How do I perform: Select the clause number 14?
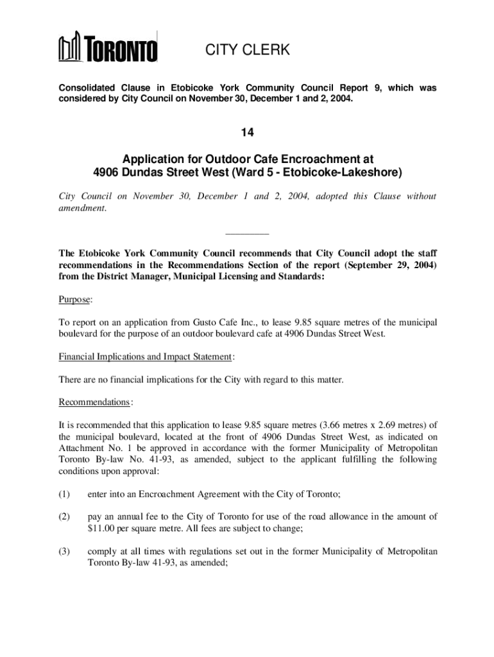coord(248,133)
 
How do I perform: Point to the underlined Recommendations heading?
coord(94,402)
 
